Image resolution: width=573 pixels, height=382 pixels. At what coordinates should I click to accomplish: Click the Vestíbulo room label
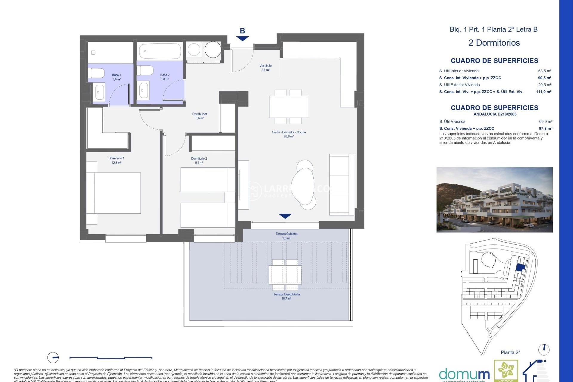tap(265, 67)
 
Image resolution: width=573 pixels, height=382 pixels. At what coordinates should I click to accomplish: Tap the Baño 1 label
tap(116, 77)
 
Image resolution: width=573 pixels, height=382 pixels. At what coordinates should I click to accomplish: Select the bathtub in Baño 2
tap(160, 51)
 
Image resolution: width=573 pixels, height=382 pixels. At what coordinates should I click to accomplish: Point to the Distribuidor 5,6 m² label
tap(199, 116)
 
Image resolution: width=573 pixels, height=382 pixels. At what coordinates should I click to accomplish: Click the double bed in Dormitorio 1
tap(116, 193)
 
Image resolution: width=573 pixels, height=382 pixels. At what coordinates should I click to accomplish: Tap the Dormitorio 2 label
tap(199, 161)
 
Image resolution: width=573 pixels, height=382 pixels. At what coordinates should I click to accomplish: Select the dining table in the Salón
tap(289, 107)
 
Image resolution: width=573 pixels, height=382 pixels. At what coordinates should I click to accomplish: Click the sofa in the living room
tap(341, 184)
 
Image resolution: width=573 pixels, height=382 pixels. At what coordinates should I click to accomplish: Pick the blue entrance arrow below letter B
tap(242, 38)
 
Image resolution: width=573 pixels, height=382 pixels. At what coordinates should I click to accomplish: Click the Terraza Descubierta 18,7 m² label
tap(286, 296)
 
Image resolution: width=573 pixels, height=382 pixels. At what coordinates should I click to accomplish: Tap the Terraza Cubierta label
tap(286, 236)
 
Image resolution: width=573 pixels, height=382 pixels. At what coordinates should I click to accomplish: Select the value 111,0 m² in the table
tap(543, 92)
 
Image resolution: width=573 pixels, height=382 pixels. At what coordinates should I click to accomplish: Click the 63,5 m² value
tap(544, 71)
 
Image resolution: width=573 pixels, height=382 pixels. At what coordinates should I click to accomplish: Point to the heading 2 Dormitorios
tap(494, 43)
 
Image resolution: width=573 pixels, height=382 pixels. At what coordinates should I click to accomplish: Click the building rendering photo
tap(494, 200)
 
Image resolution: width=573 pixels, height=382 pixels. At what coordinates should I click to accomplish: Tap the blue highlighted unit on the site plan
tap(520, 267)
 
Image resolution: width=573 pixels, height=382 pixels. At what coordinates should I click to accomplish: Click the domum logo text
tap(464, 374)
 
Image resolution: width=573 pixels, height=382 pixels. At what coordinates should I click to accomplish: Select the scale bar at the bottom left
tap(111, 358)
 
